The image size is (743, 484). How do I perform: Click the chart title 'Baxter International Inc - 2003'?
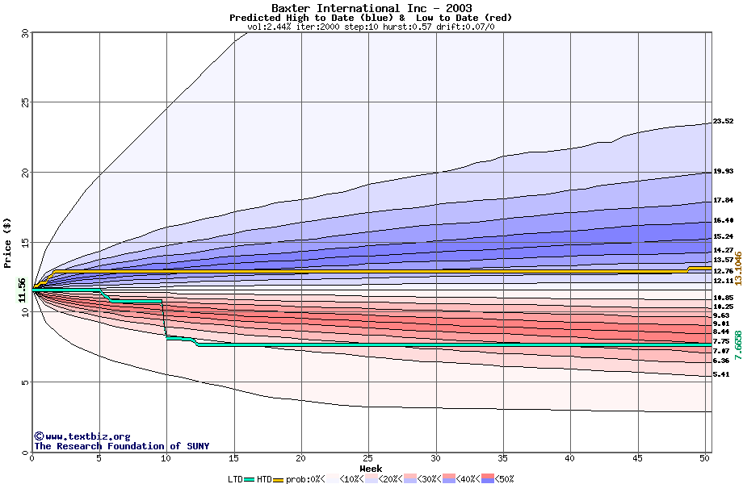click(x=371, y=8)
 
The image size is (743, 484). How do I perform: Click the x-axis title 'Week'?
click(x=371, y=468)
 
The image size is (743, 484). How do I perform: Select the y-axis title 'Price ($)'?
click(x=7, y=242)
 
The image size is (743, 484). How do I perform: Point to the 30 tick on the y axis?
click(x=24, y=33)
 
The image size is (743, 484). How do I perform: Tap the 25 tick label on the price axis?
click(x=24, y=102)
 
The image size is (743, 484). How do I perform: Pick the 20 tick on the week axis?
click(x=301, y=457)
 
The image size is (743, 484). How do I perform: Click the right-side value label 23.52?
click(x=723, y=121)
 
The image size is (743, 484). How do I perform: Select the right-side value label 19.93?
click(x=723, y=171)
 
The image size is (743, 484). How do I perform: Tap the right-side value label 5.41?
click(x=721, y=375)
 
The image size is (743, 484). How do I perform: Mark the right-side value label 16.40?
click(x=723, y=220)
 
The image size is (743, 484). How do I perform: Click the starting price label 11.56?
click(x=23, y=289)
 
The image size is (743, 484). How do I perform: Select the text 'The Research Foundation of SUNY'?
click(x=121, y=446)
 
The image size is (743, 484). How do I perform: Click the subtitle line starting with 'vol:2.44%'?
click(x=371, y=27)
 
